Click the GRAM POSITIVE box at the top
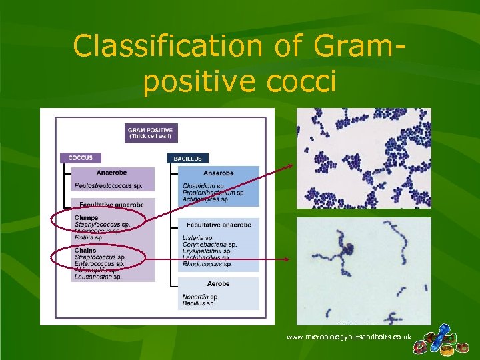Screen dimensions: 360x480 (151, 133)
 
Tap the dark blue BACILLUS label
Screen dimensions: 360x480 (187, 159)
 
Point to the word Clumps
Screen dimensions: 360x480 (87, 217)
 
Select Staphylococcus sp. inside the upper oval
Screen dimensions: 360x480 (102, 225)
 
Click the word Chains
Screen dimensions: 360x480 (86, 251)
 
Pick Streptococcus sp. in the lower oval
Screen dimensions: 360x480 (100, 257)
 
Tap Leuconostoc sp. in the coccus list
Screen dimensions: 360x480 (98, 277)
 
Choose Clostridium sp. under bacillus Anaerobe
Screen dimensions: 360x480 (203, 186)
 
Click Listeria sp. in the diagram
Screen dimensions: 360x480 (198, 238)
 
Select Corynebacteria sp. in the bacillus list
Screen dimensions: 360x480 (209, 245)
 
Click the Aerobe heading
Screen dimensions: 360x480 (217, 283)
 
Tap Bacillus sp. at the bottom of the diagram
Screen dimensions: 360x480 (198, 303)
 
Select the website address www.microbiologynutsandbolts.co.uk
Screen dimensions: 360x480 (349, 337)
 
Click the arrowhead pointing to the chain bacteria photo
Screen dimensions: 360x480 (287, 259)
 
